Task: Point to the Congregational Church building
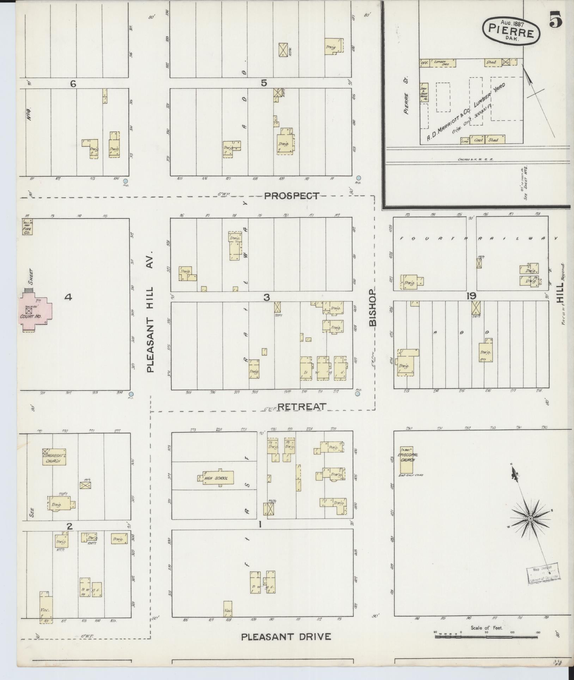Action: [x=54, y=457]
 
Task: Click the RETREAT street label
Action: [x=301, y=407]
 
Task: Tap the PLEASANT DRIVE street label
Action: [x=286, y=637]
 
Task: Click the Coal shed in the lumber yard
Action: [x=478, y=140]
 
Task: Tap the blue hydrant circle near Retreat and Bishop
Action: [x=358, y=395]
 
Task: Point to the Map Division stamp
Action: [x=543, y=575]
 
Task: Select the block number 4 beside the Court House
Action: [x=68, y=297]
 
